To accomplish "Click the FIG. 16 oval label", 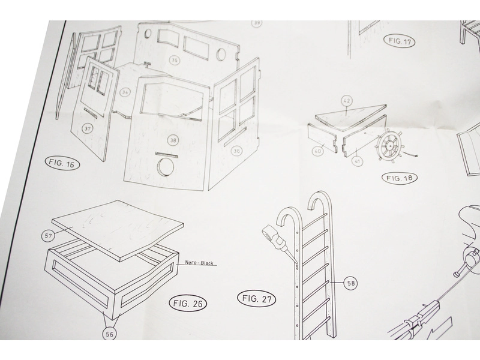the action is point(62,163).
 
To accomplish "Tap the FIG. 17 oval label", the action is point(400,41).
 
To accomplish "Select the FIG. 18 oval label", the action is point(400,178).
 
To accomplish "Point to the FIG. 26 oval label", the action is point(188,304).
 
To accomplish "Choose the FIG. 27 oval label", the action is point(257,298).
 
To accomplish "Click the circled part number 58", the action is point(350,283).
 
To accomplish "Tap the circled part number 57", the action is point(49,235).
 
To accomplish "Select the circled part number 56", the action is point(110,334).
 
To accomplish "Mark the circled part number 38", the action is point(173,140).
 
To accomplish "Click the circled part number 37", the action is point(88,128).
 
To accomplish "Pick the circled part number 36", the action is point(236,151).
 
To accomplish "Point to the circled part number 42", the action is point(347,101).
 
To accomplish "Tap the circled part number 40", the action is point(318,151).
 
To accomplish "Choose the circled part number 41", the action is point(357,160).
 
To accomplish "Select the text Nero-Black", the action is point(199,263).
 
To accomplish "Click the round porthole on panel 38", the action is point(166,167).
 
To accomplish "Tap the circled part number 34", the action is point(125,92).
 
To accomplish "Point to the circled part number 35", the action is point(174,60).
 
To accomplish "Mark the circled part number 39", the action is point(257,23).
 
